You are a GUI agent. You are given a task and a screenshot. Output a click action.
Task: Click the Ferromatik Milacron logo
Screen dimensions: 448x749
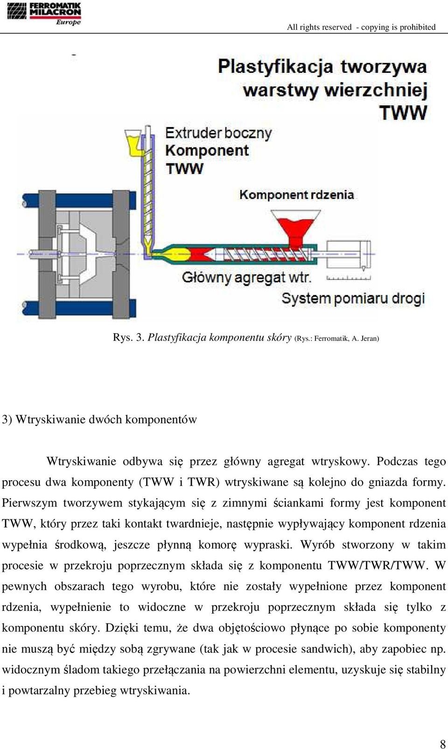click(x=44, y=14)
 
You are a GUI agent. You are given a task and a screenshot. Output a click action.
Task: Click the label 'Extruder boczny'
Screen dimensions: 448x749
click(x=218, y=133)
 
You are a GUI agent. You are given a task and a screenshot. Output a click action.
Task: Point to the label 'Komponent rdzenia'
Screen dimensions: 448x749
click(x=296, y=195)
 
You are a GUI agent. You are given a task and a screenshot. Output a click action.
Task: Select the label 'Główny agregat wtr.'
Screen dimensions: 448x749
click(x=247, y=278)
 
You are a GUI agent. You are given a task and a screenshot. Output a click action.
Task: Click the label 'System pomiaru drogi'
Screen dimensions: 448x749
click(x=353, y=298)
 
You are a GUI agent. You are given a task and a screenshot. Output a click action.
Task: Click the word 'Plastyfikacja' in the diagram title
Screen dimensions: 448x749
click(x=275, y=67)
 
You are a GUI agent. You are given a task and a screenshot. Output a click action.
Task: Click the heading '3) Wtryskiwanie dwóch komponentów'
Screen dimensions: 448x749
click(x=99, y=420)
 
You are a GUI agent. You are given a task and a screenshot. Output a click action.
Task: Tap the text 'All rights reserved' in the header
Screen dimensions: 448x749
click(x=319, y=27)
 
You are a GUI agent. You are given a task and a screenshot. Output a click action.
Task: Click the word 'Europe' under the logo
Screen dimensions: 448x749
click(x=68, y=22)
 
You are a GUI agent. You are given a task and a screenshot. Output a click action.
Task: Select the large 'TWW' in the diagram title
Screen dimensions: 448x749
click(x=403, y=112)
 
